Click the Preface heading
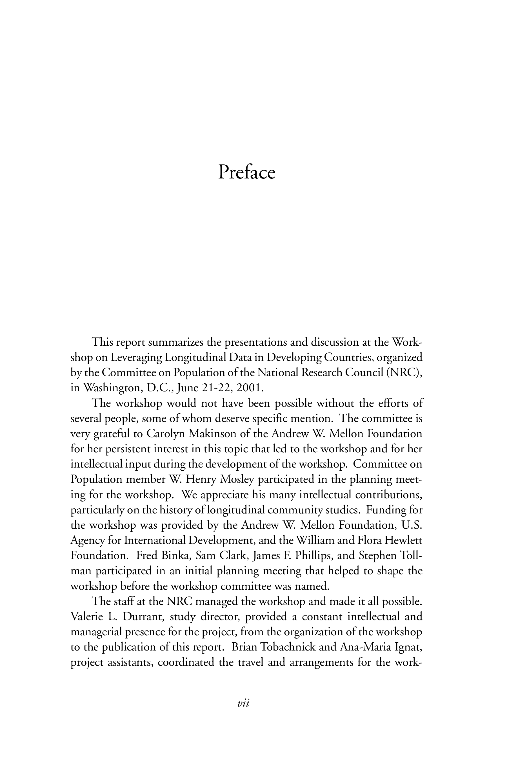click(x=246, y=172)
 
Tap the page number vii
click(x=243, y=712)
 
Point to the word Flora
click(x=370, y=540)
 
